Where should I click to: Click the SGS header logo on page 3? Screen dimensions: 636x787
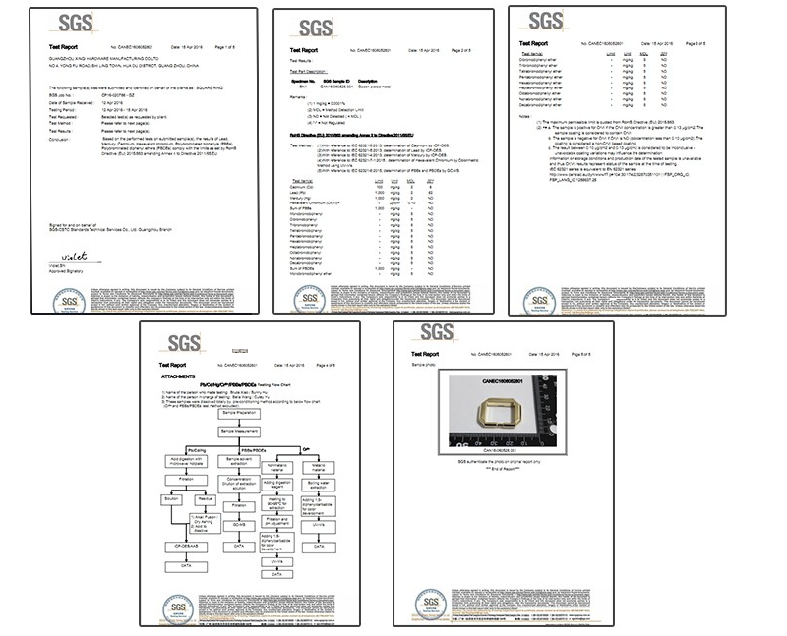pyautogui.click(x=542, y=20)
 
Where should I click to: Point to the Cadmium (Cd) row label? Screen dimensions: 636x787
pyautogui.click(x=308, y=186)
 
